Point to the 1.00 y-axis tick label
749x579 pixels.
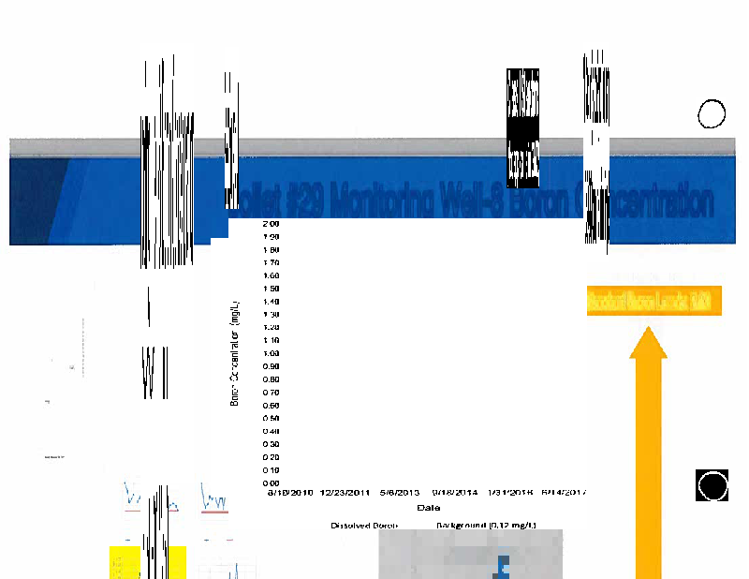point(272,353)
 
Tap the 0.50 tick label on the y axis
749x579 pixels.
point(272,418)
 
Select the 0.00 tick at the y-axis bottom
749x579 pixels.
point(272,482)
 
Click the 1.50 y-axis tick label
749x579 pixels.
point(272,289)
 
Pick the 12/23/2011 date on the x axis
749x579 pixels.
point(346,493)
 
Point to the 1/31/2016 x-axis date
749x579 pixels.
point(510,493)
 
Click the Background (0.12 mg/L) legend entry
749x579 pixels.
point(486,526)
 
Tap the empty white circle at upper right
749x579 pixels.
point(712,114)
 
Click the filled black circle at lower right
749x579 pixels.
point(712,486)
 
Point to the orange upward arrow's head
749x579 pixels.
point(648,341)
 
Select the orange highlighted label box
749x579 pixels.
point(654,302)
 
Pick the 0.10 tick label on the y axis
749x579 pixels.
point(272,469)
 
